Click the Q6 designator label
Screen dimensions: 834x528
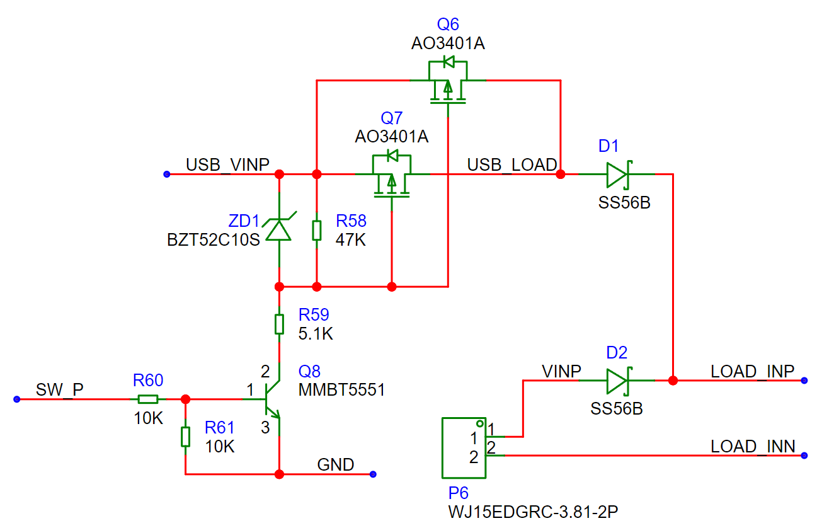tap(447, 25)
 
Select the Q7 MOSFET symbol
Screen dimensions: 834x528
tap(392, 175)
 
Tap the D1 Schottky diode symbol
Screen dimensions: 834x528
tap(618, 175)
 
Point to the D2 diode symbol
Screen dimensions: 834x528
tap(618, 381)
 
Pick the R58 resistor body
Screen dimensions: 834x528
tap(317, 230)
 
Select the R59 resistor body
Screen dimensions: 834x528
tap(279, 324)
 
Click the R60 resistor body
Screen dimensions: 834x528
tap(148, 399)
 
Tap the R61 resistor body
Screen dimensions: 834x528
tap(185, 437)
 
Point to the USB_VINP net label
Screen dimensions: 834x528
tap(227, 165)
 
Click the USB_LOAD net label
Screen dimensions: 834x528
tap(512, 165)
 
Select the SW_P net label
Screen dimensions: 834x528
tap(60, 390)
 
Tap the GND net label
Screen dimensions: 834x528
tap(336, 465)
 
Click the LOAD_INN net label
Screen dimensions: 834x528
tap(753, 447)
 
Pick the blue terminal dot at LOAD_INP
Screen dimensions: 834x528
tap(804, 381)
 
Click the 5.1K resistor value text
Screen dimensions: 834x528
tap(316, 334)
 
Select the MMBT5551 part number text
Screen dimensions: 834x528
tap(342, 390)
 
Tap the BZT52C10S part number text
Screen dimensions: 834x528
tap(214, 240)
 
